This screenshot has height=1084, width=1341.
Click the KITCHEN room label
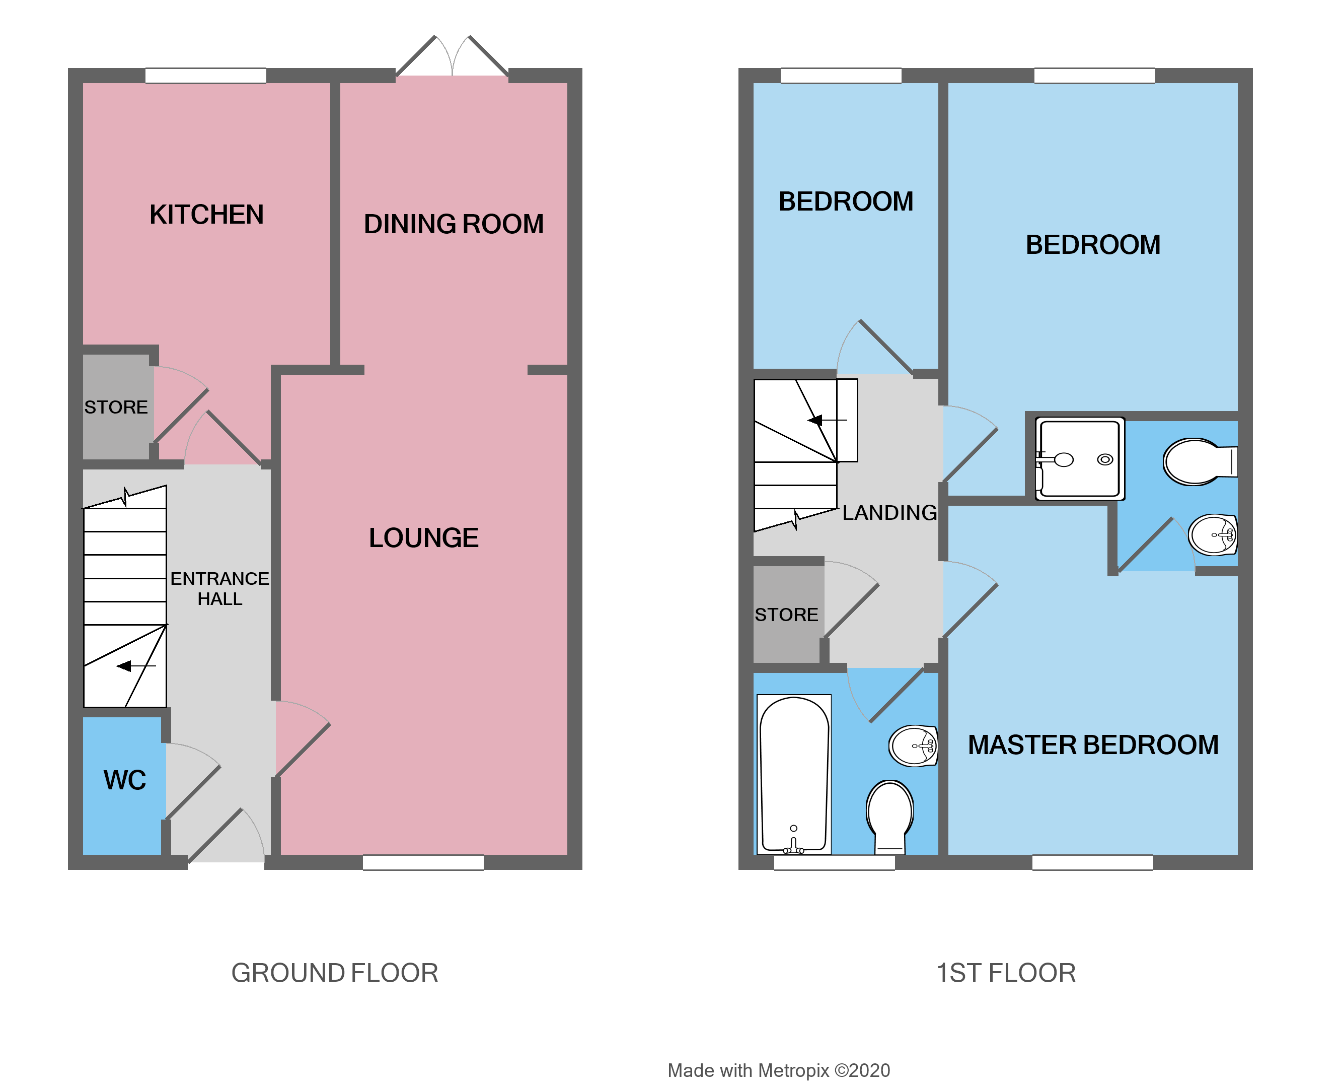pos(206,214)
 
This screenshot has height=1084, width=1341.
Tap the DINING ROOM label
pos(454,224)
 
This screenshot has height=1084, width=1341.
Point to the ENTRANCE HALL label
pos(219,588)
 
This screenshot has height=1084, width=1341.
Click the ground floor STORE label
pos(116,407)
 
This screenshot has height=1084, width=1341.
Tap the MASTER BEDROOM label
pos(1093,744)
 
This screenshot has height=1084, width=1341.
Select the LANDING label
pos(889,513)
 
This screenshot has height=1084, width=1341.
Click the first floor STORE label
pos(786,615)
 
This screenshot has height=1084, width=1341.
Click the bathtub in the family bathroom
pos(794,774)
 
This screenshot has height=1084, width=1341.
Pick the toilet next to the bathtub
pos(890,815)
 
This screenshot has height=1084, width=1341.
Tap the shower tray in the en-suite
pos(1080,459)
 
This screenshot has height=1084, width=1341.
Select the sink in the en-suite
pos(1213,534)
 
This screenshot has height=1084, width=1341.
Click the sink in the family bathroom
pos(914,746)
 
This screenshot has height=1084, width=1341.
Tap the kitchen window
pos(206,76)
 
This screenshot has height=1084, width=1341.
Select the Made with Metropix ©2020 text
pos(779,1070)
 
